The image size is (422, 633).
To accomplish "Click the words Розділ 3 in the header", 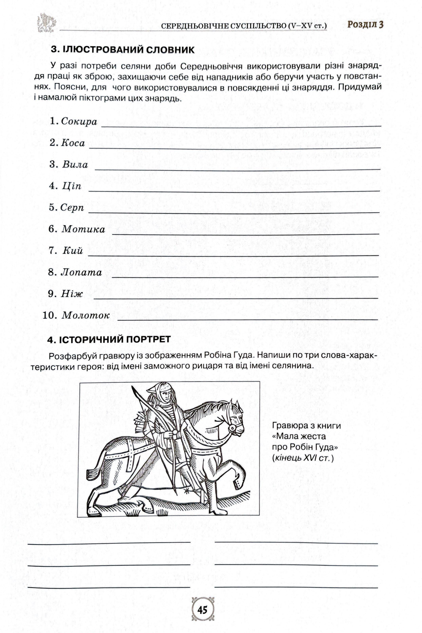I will (x=365, y=25).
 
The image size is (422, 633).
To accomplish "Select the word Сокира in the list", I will (x=79, y=121).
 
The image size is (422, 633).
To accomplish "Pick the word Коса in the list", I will (x=73, y=143).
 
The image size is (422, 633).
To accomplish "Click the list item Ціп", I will (x=72, y=186).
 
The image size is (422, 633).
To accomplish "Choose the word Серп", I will (x=72, y=208).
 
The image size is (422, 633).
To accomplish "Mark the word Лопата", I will (x=81, y=273).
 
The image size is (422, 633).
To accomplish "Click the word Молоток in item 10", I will (x=86, y=316).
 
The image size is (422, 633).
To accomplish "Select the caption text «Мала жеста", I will (x=299, y=436).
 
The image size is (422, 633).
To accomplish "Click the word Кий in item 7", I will (x=73, y=251).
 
